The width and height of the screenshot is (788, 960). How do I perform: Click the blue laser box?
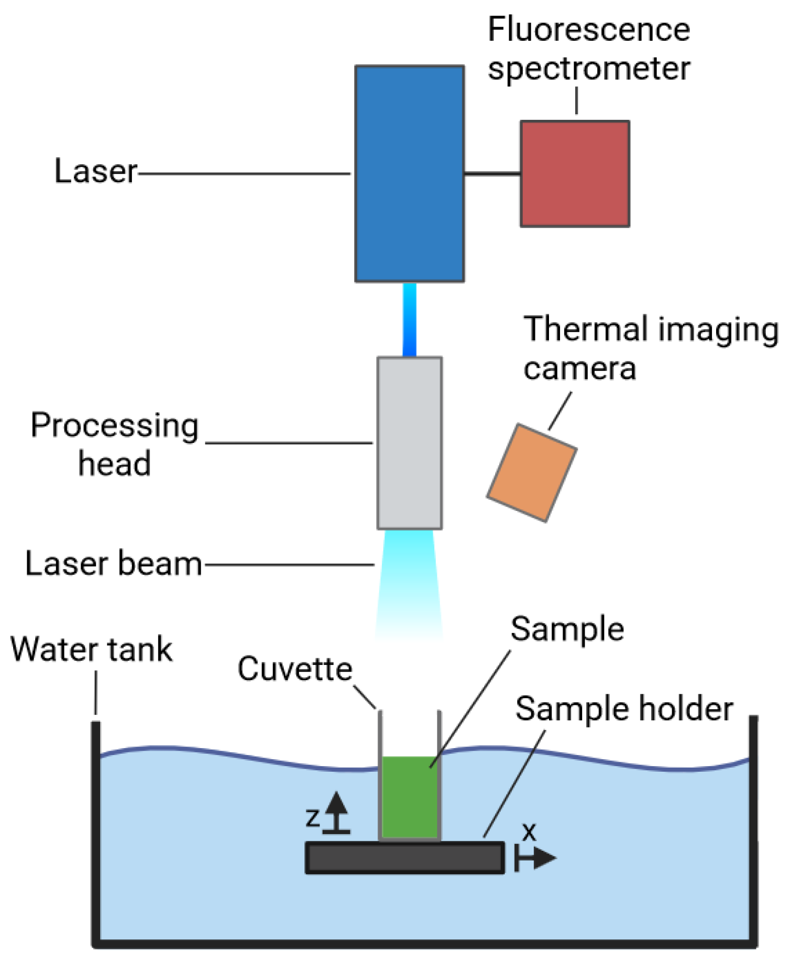click(x=409, y=174)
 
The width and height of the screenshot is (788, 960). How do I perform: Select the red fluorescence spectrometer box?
click(x=575, y=174)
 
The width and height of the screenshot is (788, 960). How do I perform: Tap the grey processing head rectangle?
click(x=410, y=443)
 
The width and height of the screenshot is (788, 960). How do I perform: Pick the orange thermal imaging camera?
click(x=531, y=473)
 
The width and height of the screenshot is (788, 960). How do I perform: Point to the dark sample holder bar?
click(x=405, y=857)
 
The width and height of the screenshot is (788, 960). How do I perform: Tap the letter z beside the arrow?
click(x=312, y=817)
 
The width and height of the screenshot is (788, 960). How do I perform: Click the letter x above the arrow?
click(x=529, y=832)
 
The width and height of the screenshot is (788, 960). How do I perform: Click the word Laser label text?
click(x=96, y=171)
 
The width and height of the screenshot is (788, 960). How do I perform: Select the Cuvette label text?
click(x=295, y=669)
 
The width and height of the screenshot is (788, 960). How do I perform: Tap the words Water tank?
click(x=92, y=649)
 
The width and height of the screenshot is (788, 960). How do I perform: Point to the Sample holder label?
click(x=624, y=709)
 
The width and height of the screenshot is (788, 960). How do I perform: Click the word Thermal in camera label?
click(x=585, y=329)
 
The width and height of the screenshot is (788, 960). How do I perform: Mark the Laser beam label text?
click(x=114, y=563)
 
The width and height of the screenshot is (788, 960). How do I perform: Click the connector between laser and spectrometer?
click(x=492, y=174)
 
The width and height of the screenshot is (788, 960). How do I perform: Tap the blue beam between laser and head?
click(x=409, y=319)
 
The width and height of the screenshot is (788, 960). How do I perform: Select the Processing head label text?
click(x=115, y=444)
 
